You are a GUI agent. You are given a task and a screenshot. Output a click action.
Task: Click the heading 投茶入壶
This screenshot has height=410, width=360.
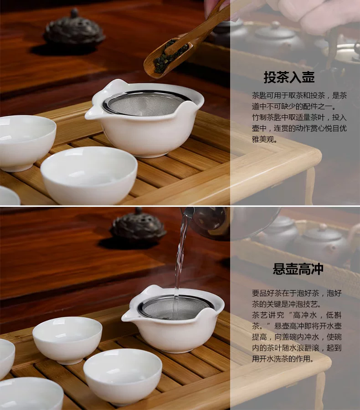click(289, 77)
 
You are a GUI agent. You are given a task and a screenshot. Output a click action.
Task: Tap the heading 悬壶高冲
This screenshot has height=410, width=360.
click(298, 269)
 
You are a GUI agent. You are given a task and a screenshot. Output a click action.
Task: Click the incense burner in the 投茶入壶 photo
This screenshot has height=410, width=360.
click(74, 29)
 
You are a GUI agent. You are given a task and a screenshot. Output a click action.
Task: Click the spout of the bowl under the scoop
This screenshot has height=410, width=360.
click(90, 114)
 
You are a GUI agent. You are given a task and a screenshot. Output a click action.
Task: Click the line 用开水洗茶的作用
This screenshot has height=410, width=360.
click(283, 359)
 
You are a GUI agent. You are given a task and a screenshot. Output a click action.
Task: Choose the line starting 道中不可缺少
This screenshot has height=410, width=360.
click(294, 107)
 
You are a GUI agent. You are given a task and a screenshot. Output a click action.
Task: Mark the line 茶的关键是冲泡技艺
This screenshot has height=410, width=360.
click(287, 304)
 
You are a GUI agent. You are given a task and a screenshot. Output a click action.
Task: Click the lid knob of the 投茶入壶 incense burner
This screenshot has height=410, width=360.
click(74, 12)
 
